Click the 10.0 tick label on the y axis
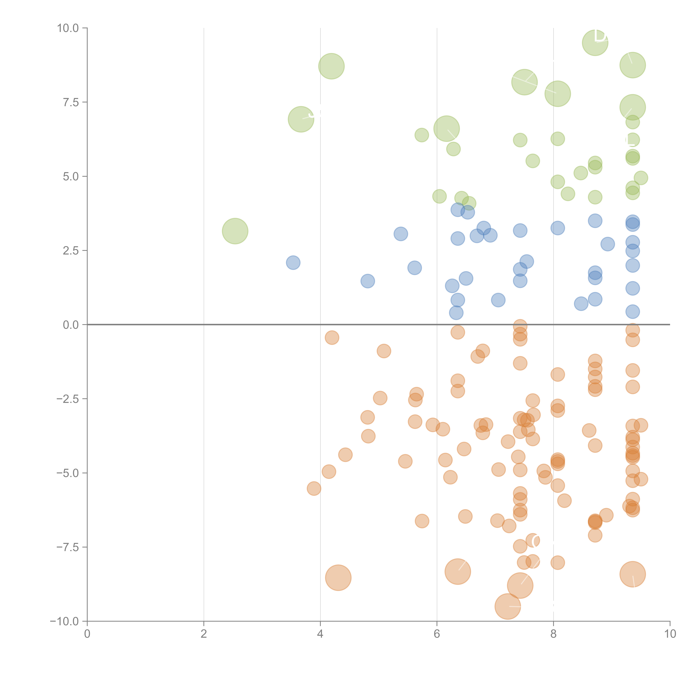(68, 28)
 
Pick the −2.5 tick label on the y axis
(68, 399)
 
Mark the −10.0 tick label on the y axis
(65, 621)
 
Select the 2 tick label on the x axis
(204, 634)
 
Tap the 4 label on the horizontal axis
(320, 634)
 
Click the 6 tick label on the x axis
(437, 634)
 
